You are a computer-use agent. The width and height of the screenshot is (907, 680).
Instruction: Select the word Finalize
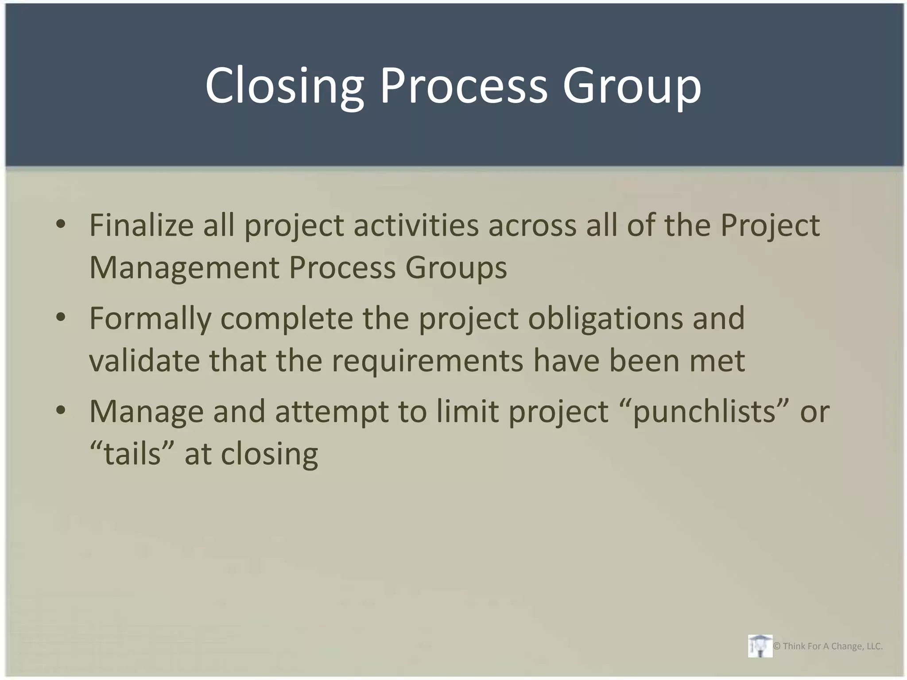point(141,225)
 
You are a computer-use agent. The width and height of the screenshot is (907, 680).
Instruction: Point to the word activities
point(416,225)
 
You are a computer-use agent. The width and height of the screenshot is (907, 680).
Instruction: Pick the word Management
point(184,267)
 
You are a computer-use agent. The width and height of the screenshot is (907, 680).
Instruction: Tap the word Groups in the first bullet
point(456,267)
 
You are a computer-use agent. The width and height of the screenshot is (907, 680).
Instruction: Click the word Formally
point(150,318)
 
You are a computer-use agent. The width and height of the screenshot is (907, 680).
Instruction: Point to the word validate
point(144,360)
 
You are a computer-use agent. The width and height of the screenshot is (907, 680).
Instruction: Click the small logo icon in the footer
point(760,646)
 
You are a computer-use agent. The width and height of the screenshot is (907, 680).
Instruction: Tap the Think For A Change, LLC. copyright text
point(828,646)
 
